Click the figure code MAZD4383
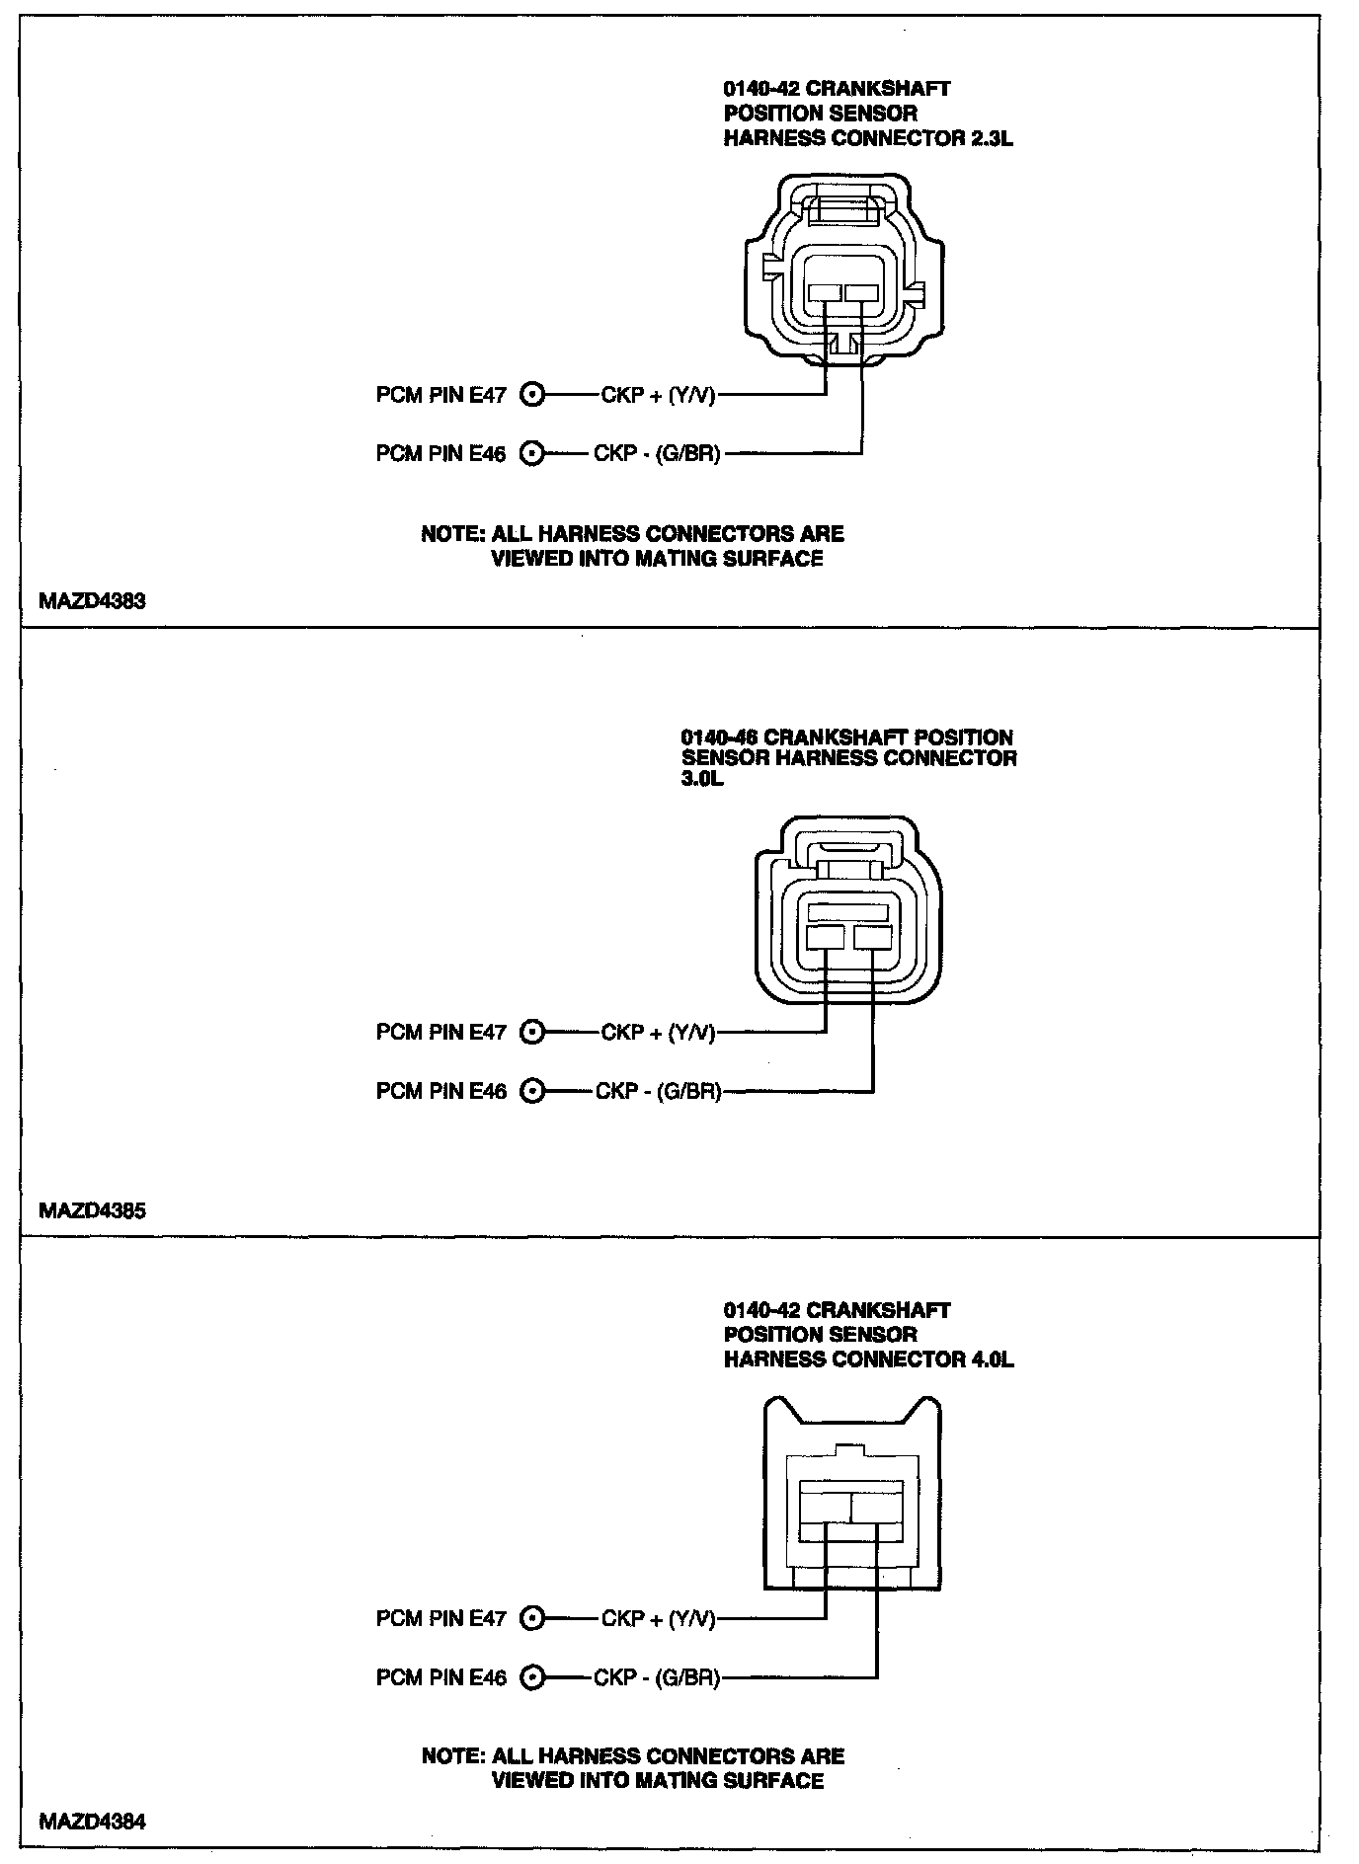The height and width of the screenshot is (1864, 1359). pos(92,601)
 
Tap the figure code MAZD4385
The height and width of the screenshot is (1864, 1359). pos(92,1210)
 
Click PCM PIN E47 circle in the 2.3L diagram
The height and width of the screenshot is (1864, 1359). pos(532,395)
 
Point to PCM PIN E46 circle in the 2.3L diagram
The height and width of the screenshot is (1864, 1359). pos(532,453)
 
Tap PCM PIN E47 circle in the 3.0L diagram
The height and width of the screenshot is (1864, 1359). pos(532,1033)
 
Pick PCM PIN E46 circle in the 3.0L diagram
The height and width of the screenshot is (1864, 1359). pos(532,1091)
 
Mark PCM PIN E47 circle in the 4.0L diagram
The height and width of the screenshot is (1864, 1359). pos(532,1619)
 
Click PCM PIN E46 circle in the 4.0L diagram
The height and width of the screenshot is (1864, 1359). pos(532,1677)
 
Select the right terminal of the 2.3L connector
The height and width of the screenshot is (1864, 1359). pos(861,293)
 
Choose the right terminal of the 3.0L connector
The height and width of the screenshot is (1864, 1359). pos(873,937)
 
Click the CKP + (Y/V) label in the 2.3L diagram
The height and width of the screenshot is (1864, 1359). pos(658,395)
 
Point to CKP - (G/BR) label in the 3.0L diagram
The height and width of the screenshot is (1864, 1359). pos(658,1091)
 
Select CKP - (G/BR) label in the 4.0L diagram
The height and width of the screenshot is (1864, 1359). pos(657,1677)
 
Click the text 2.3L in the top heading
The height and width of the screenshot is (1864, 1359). pos(991,138)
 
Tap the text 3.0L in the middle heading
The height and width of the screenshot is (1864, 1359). pos(702,780)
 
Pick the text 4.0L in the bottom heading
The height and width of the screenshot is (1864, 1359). pos(991,1359)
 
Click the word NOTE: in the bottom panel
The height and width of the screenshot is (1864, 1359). pos(452,1756)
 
